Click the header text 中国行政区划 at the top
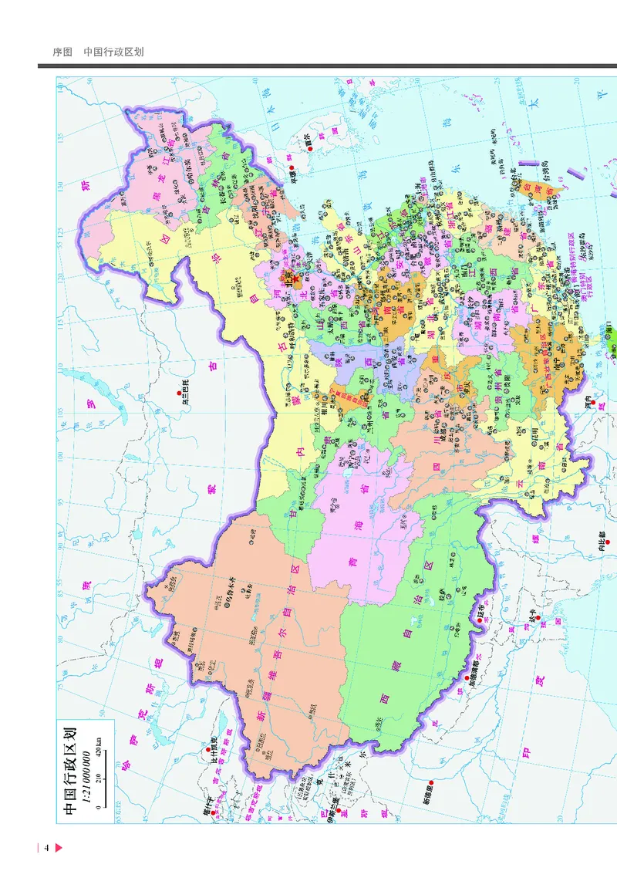click(113, 52)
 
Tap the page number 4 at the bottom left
click(46, 849)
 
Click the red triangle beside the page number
click(59, 849)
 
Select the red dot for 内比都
click(600, 540)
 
